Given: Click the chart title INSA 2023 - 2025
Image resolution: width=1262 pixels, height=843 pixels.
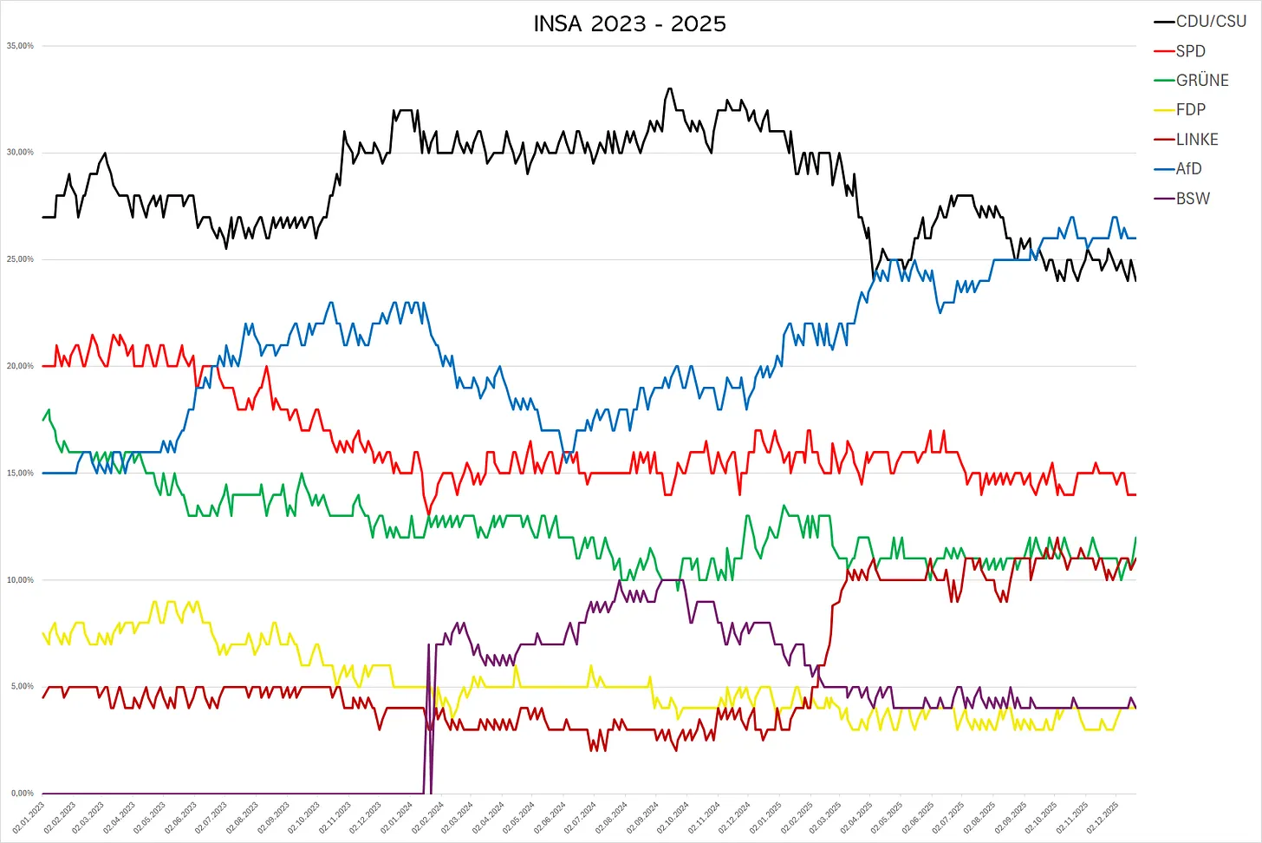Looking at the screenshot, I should (630, 23).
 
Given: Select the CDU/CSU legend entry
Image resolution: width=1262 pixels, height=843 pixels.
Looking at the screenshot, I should (1210, 22).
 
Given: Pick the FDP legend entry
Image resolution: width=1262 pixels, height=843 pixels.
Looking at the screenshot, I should (1190, 110).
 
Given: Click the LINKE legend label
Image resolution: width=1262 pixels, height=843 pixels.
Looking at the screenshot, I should (1196, 140).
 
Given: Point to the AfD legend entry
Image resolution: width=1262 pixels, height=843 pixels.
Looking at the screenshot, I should (1188, 169).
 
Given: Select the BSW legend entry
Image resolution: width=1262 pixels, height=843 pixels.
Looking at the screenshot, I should (1192, 199).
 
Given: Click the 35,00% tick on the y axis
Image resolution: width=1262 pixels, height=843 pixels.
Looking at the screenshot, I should (20, 46).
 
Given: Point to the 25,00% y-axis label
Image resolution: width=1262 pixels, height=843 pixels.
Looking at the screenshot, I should (20, 259).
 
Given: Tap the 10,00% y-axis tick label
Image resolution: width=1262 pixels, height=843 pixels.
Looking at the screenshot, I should (20, 580).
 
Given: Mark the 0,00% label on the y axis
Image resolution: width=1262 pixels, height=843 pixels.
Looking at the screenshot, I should (23, 794).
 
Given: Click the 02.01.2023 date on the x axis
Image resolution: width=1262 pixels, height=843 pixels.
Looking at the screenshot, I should (29, 818).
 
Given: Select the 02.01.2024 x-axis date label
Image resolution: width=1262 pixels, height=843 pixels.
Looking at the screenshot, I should (397, 818).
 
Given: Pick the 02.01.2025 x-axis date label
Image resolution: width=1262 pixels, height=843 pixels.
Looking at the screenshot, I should (766, 818).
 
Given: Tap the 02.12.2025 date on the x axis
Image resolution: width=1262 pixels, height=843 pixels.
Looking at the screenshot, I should (1103, 818).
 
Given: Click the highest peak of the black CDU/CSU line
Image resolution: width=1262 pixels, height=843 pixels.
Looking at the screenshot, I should (669, 88).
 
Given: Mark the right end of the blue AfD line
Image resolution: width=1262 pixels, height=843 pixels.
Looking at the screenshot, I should (1135, 238).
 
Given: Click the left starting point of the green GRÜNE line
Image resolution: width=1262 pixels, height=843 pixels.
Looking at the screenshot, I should (43, 420).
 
